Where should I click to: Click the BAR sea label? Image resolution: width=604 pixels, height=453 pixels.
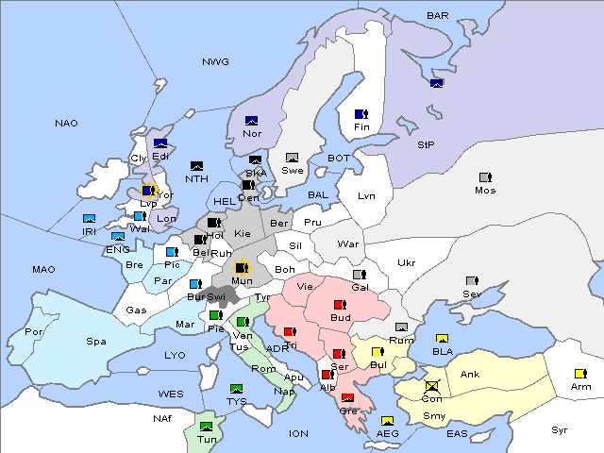tap(438, 15)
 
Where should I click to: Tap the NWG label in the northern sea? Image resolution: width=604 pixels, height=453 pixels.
tap(215, 61)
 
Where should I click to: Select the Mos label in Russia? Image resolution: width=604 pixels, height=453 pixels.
tap(485, 190)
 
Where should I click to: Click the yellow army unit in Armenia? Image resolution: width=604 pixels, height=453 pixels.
tap(580, 373)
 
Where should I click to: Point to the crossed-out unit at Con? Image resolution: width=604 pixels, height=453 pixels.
tap(432, 386)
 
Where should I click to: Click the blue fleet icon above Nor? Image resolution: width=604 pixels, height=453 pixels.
tap(252, 120)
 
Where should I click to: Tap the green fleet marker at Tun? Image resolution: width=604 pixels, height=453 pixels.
tap(207, 426)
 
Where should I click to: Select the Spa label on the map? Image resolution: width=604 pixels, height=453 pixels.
tap(96, 342)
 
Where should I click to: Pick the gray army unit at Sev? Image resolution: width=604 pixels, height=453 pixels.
tap(472, 281)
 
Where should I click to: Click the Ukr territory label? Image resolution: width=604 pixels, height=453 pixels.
tap(407, 262)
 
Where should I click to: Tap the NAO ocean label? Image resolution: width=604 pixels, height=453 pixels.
tap(67, 123)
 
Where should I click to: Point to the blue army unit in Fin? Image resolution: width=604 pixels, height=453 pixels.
tap(361, 114)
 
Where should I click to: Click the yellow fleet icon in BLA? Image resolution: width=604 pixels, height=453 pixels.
tap(441, 339)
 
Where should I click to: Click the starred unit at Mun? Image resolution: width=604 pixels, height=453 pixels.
tap(242, 267)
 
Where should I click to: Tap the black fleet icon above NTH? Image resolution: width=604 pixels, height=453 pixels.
tap(196, 166)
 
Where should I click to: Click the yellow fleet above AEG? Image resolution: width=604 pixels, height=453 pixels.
tap(387, 421)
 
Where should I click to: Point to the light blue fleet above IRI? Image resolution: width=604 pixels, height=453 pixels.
tap(90, 219)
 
